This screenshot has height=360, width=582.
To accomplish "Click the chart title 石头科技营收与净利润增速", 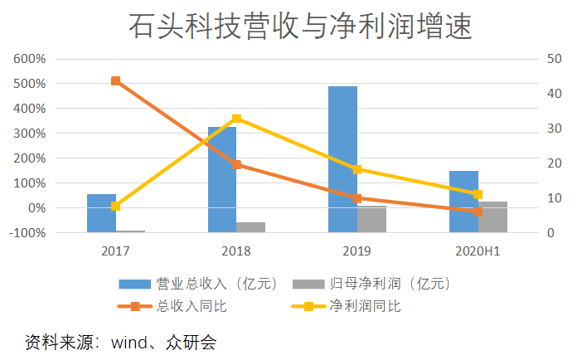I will click(x=299, y=27).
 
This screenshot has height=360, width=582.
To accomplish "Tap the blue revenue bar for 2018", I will click(x=221, y=179).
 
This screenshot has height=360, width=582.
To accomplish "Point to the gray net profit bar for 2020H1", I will click(x=492, y=216).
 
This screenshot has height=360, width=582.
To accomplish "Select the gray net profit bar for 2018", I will click(x=250, y=227).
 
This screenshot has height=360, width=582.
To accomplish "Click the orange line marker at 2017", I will click(x=115, y=81).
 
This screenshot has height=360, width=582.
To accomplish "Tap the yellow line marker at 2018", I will click(x=236, y=119).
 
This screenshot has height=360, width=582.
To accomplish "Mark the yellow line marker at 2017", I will click(x=115, y=206).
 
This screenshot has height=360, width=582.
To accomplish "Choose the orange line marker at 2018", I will click(x=236, y=164).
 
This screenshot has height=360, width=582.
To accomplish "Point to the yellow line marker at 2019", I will click(x=357, y=169).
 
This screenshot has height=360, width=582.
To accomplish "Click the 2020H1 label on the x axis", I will click(x=478, y=250).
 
